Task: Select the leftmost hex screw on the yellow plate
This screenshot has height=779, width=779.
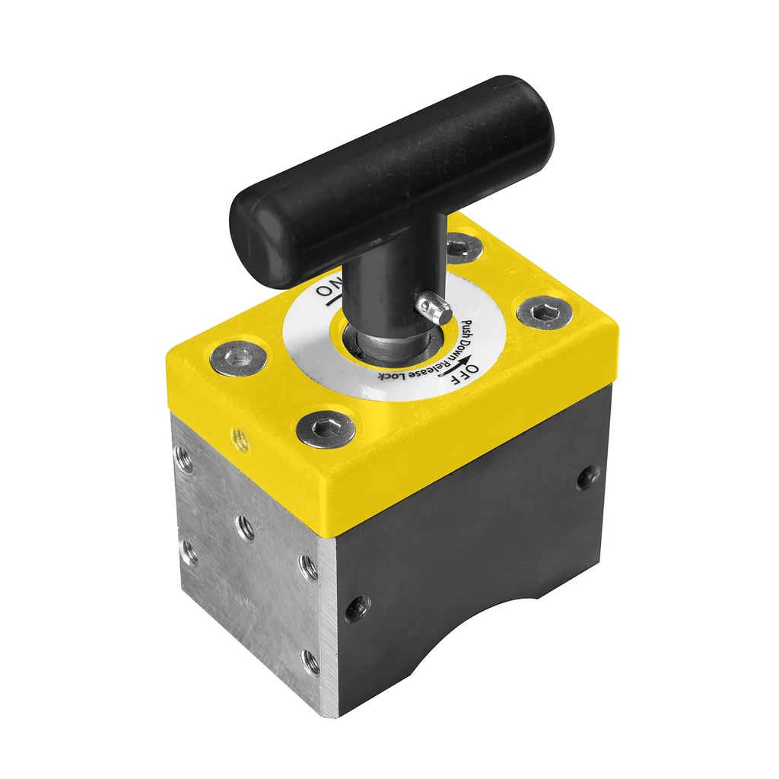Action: tap(238, 358)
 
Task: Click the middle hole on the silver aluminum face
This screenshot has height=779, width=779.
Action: tap(245, 527)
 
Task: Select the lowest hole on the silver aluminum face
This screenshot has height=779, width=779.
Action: tap(310, 662)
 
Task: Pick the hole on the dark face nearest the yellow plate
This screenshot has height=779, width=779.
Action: tap(587, 477)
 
